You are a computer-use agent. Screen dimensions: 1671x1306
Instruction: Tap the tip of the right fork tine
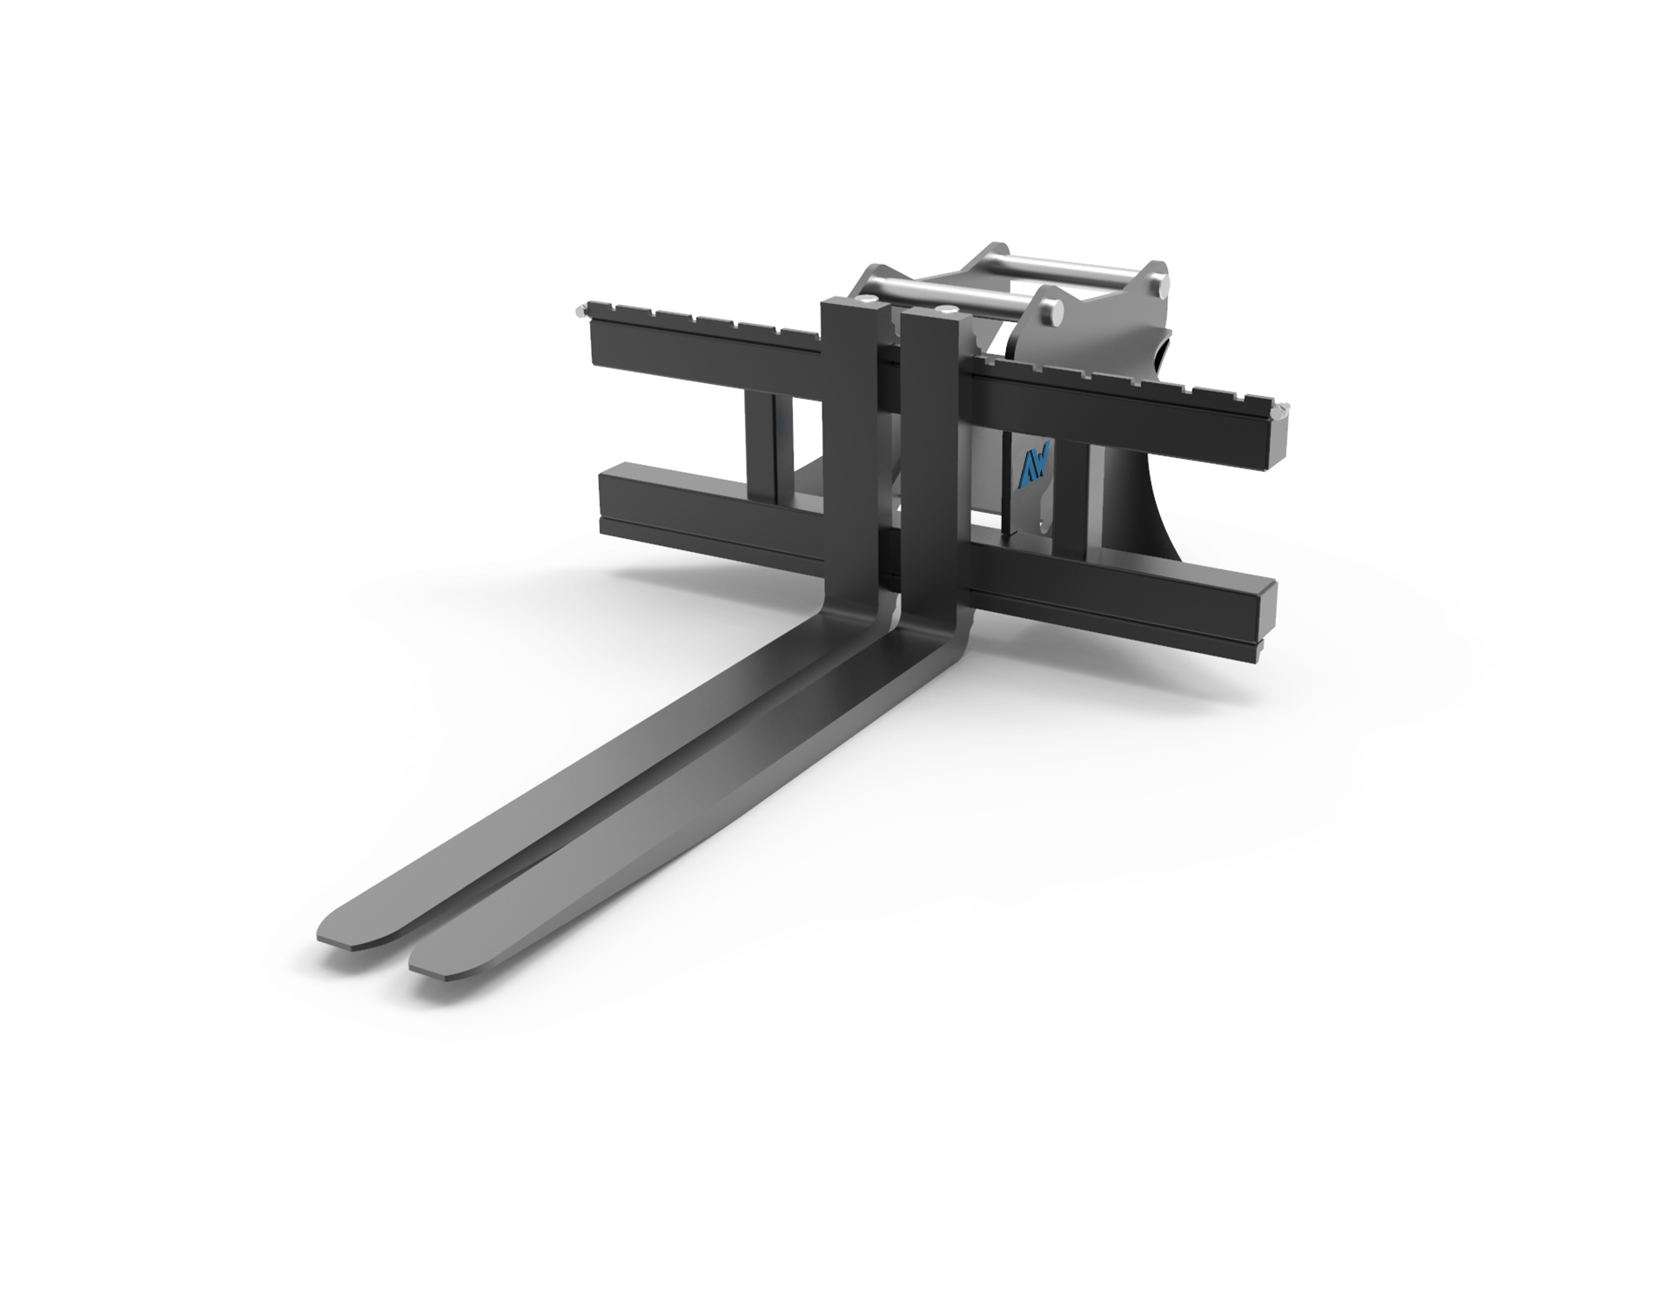(x=414, y=965)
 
